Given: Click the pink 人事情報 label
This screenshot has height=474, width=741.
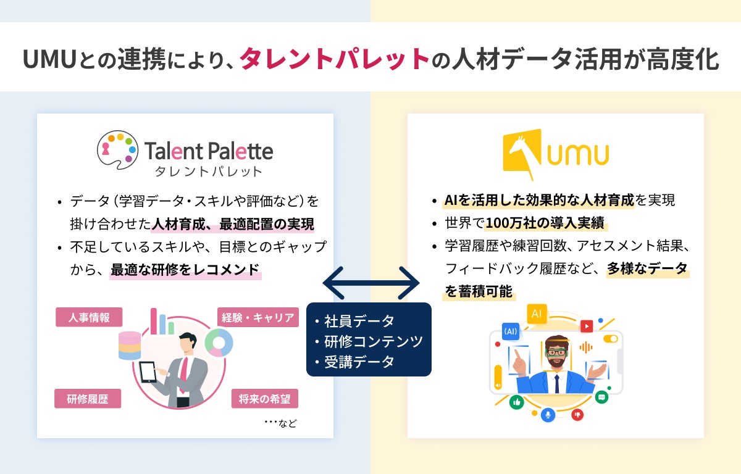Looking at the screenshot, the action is click(x=89, y=317).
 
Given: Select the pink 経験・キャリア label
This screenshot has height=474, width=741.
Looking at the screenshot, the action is click(x=257, y=317).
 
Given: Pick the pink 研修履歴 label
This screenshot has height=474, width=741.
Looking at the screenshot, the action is click(x=88, y=398).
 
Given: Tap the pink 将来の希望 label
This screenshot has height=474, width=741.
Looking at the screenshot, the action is click(x=265, y=398).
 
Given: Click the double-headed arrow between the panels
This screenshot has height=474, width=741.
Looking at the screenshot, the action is click(x=371, y=284).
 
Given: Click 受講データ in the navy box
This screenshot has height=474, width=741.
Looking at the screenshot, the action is click(x=359, y=362).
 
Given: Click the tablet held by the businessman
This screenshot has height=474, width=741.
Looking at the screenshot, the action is click(x=149, y=373).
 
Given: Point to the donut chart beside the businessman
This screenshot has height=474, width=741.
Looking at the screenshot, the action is click(x=219, y=342).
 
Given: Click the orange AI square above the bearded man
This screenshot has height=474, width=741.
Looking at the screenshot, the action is click(x=536, y=314).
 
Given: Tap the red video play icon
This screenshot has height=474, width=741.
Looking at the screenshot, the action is click(x=586, y=325).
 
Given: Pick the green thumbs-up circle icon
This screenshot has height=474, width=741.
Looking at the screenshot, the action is click(x=516, y=402).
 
